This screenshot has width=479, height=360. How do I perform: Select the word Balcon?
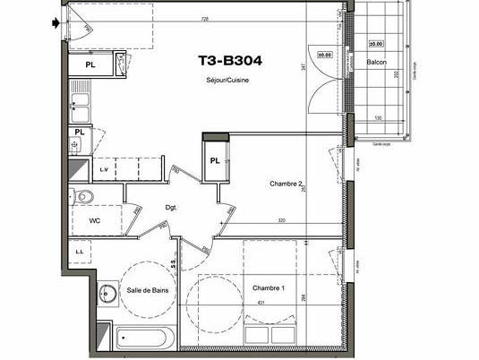(x=377, y=62)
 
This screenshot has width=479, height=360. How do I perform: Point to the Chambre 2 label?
(x=286, y=184)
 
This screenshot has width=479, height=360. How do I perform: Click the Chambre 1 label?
(x=269, y=288)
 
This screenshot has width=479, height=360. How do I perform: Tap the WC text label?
(x=94, y=219)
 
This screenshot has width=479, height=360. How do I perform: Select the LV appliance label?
(x=104, y=168)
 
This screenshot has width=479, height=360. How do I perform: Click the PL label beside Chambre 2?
(x=215, y=160)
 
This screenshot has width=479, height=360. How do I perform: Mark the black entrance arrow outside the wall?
(x=59, y=24)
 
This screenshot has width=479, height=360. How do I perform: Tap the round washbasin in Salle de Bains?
(x=107, y=292)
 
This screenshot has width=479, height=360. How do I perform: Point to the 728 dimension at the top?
(x=205, y=18)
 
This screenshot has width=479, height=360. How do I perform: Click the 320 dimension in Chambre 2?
(x=281, y=219)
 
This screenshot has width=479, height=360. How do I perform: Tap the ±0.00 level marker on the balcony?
(x=376, y=43)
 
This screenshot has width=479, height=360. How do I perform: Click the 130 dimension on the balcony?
(x=378, y=118)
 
